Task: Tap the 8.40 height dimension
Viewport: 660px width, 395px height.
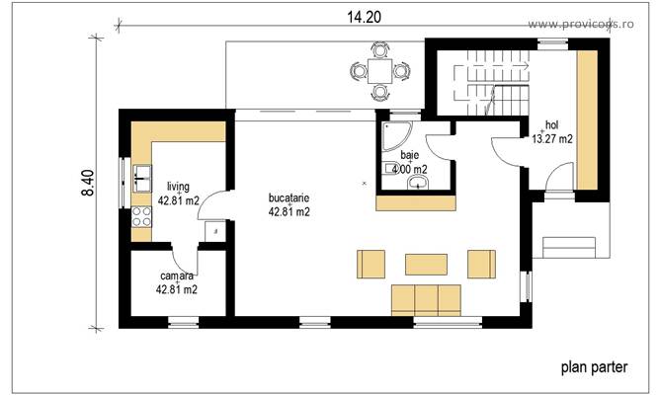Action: point(88,184)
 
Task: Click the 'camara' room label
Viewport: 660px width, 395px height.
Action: point(176,276)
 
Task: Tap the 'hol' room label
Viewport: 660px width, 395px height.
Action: point(551,125)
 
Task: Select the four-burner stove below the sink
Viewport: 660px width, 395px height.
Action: point(140,219)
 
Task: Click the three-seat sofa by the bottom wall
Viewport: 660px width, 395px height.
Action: point(426,297)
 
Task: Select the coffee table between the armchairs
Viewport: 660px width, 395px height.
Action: point(426,264)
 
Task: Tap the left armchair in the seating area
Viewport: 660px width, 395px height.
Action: point(371,264)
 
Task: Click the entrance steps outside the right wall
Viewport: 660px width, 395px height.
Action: point(569,246)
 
